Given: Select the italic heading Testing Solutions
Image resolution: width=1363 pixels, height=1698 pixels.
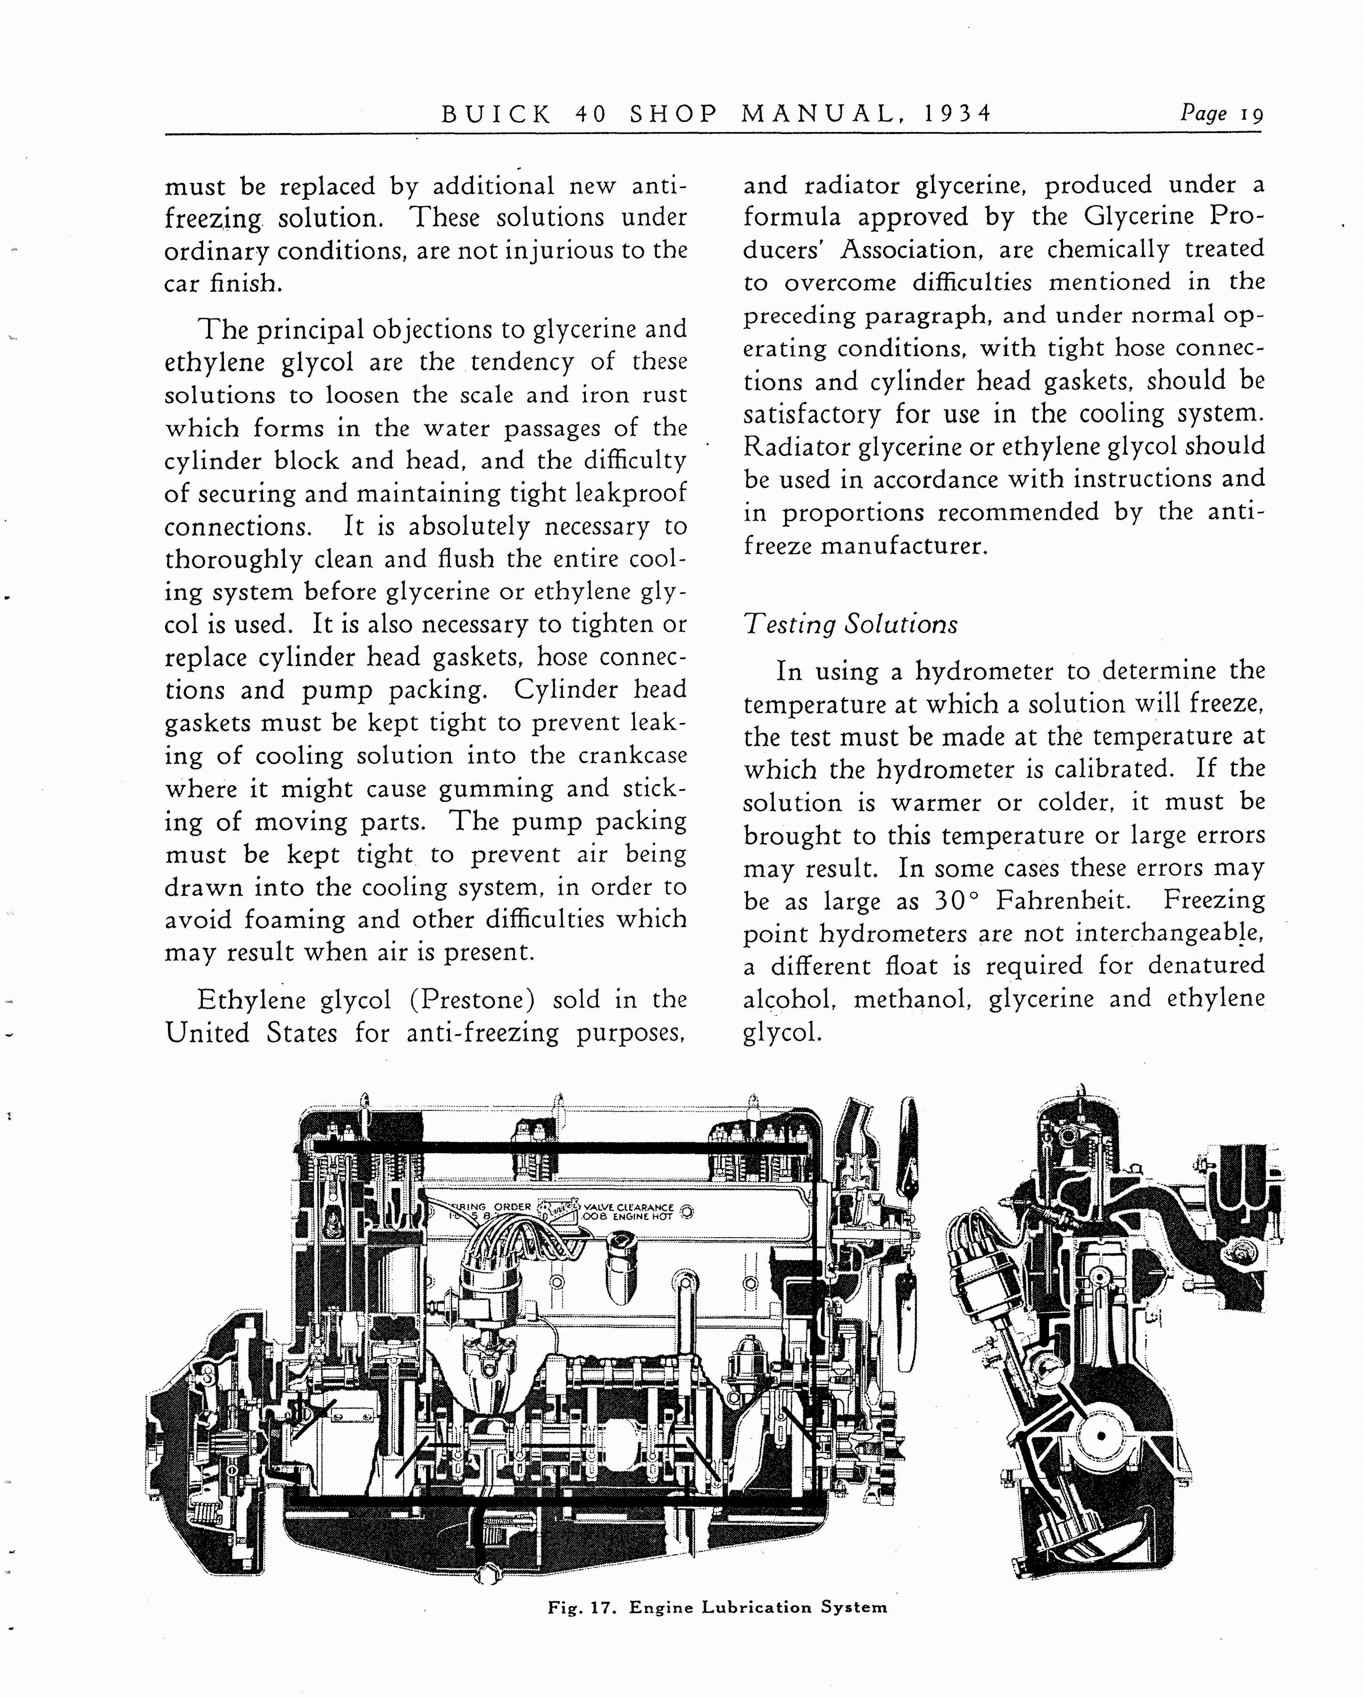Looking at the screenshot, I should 850,624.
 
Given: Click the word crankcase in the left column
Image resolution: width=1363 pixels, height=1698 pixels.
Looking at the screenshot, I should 632,756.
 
